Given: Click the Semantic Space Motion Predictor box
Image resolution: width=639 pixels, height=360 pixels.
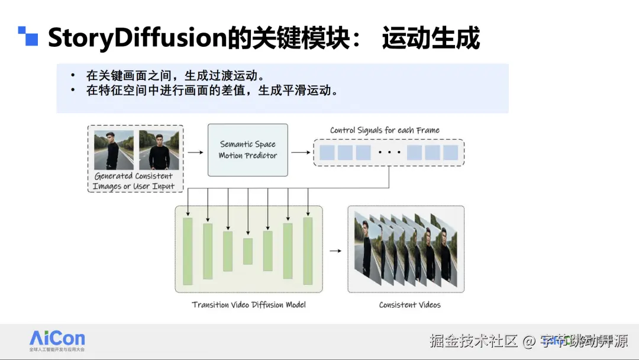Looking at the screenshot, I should [248, 150].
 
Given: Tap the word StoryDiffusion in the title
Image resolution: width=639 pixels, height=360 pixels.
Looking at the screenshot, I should [138, 38].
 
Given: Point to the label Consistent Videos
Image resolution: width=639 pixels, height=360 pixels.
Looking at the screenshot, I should [409, 305].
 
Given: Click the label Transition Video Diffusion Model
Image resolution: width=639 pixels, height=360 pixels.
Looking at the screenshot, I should [248, 305].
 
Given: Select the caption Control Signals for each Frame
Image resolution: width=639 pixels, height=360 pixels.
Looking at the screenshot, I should [385, 130].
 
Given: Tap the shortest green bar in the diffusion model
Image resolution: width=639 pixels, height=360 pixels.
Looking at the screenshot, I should [247, 251].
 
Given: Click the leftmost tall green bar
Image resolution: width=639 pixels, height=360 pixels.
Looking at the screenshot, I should [188, 251].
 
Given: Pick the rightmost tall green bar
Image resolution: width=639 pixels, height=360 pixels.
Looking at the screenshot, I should [308, 251].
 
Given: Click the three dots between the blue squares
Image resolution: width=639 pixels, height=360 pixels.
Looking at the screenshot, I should [389, 153].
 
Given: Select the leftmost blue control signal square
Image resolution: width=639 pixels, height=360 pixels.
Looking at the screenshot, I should [327, 153].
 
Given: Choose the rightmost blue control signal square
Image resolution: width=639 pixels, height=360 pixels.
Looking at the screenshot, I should [450, 153].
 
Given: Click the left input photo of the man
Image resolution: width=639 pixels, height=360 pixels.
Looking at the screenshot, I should [114, 150].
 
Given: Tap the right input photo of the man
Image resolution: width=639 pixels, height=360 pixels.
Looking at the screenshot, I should [159, 150].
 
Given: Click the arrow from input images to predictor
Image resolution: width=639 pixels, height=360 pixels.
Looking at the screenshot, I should [195, 152].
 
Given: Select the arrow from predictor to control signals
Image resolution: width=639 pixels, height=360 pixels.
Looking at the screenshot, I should [301, 152].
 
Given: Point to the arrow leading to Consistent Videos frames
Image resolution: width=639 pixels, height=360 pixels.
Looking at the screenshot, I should [335, 251].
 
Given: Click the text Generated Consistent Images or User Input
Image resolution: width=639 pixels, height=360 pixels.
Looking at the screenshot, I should [134, 181].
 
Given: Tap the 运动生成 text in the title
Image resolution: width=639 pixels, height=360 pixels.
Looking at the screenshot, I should [431, 38].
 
